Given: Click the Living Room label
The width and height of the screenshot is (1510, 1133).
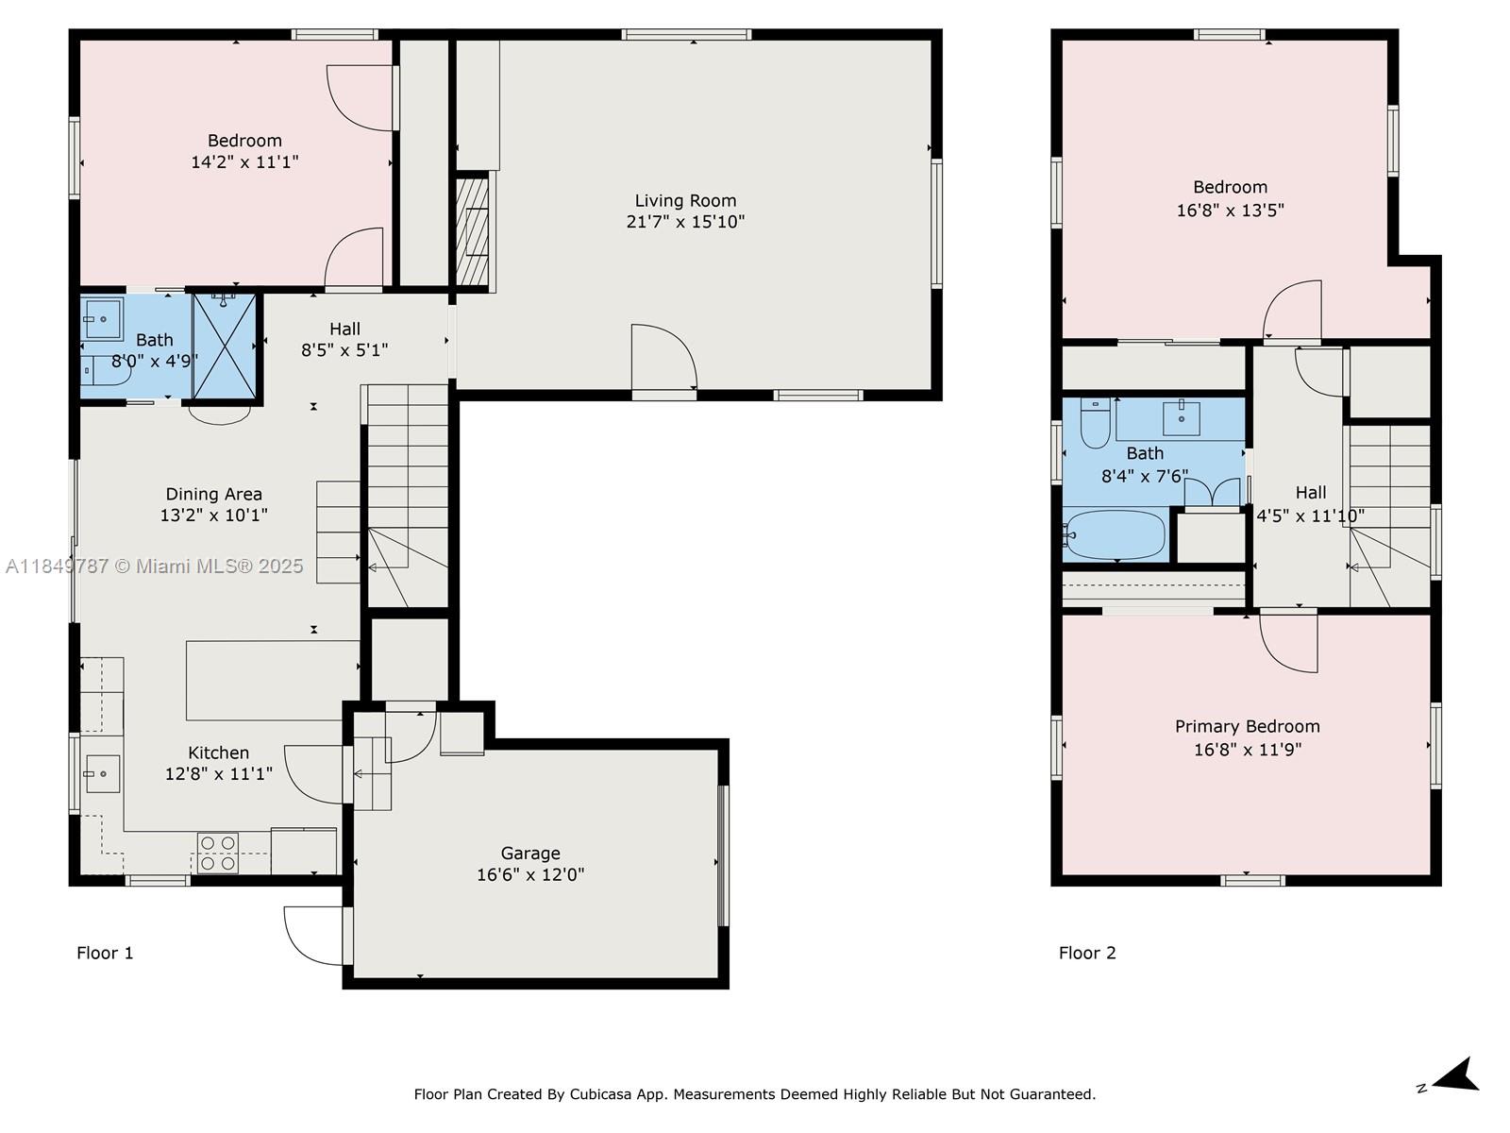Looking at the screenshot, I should click(x=685, y=200).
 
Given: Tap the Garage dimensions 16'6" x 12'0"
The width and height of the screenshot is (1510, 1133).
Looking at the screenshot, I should click(x=529, y=874).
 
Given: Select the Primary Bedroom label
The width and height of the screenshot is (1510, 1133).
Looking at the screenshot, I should click(x=1247, y=726).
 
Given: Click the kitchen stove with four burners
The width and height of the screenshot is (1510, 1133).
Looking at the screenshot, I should click(x=218, y=853).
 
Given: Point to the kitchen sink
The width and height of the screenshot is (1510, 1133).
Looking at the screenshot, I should click(x=102, y=774).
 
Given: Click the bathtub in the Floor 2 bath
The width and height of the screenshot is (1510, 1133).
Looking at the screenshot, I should click(x=1116, y=535).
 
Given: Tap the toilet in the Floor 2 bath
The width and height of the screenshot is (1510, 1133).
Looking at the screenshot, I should click(x=1095, y=426).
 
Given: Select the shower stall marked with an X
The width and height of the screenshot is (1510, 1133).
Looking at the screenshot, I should click(x=225, y=346).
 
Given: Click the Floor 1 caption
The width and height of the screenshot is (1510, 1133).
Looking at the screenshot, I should click(x=105, y=953).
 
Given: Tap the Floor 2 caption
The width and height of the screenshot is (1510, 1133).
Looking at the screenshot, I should click(x=1087, y=953).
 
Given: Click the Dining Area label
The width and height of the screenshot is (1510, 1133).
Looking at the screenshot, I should click(x=214, y=494).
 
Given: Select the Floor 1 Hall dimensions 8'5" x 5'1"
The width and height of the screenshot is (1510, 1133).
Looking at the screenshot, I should click(x=344, y=350).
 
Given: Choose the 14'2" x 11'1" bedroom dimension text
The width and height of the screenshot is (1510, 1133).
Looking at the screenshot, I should click(x=244, y=162).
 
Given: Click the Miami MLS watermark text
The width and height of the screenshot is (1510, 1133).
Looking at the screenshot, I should click(x=155, y=566).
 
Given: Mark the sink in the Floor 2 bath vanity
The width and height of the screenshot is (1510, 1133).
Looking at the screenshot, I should click(x=1181, y=414).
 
